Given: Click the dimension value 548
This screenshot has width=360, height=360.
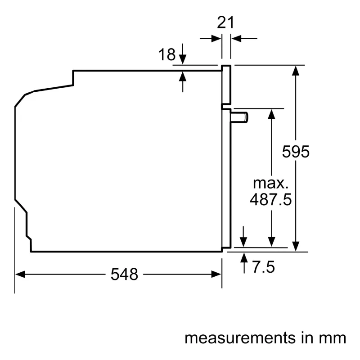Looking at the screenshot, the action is (124, 274).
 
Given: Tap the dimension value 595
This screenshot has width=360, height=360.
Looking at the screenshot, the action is (296, 152).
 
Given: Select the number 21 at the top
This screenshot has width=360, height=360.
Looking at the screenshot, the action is (225, 22).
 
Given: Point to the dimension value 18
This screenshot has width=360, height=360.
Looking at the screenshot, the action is (167, 54).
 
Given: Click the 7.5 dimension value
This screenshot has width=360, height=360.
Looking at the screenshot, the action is (263, 267).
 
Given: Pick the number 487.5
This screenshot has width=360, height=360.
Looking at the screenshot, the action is (271, 199).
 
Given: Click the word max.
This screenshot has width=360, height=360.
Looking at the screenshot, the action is (270, 184).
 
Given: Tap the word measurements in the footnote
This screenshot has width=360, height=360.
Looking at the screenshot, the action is (240, 338).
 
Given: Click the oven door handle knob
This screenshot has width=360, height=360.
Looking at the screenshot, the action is (239, 117).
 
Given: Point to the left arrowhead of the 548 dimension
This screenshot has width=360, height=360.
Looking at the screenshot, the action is (20, 274).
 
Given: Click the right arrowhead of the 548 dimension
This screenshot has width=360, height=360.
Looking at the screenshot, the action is (216, 274).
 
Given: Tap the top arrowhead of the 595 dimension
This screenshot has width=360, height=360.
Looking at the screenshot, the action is (296, 71).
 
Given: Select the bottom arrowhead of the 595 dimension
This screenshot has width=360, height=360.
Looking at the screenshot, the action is (296, 247).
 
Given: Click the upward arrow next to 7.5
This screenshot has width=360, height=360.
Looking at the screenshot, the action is (244, 263).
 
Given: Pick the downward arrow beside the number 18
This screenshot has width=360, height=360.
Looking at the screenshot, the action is (183, 54).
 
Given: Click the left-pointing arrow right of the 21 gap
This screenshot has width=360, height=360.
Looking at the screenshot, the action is (244, 39).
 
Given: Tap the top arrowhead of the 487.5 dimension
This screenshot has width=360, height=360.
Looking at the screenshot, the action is (271, 114).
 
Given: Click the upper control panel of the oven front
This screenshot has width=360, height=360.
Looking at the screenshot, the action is (226, 85).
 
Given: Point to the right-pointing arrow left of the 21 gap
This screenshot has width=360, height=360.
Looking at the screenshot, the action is (210, 39).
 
